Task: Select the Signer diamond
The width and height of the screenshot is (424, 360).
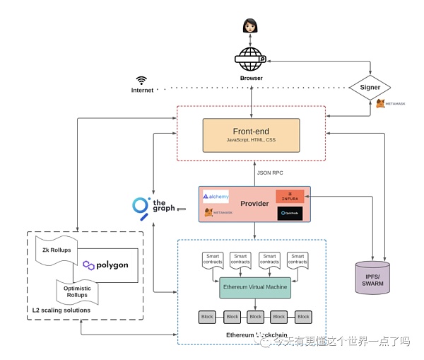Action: coord(370,88)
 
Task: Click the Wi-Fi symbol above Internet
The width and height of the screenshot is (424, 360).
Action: coord(141,81)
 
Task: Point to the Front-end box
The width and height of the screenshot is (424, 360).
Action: coord(251,134)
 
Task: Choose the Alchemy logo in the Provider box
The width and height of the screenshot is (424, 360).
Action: coord(216,197)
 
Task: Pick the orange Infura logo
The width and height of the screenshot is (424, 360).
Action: coord(290,197)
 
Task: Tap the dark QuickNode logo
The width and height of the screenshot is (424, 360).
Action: coord(290,212)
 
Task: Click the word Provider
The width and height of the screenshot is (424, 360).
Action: coord(254,204)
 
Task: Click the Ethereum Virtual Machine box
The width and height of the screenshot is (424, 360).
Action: coord(255,287)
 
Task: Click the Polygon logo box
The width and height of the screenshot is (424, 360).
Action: coord(106,265)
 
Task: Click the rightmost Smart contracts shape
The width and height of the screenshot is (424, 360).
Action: coord(298,260)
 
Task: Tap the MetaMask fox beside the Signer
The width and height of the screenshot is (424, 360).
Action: coord(381,103)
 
